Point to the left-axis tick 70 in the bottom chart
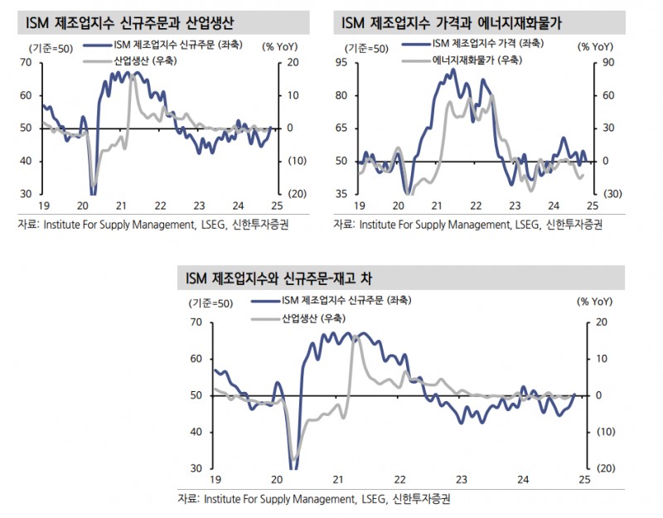coord(195,322)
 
